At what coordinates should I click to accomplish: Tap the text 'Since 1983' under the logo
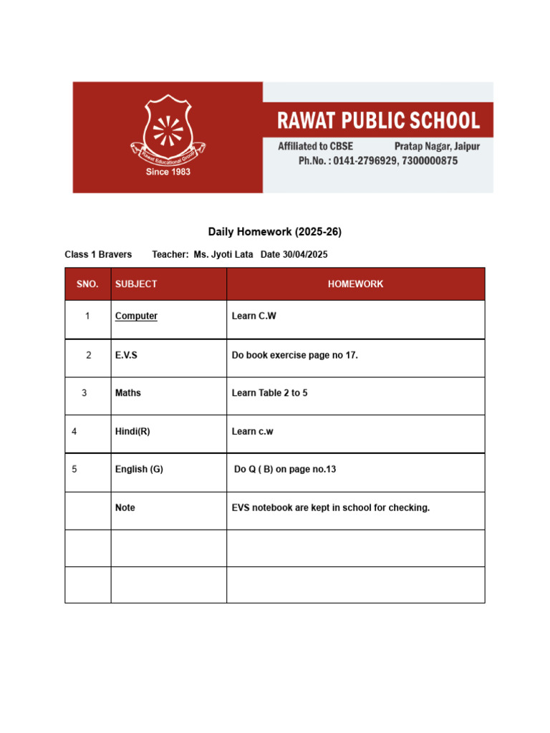pos(168,172)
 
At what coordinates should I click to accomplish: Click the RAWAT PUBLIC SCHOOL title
pos(379,120)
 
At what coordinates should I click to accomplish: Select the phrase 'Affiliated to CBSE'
pos(316,146)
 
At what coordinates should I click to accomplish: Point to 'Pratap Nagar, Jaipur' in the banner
pos(437,146)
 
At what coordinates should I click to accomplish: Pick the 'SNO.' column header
pos(87,284)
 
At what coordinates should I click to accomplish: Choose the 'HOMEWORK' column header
pos(355,284)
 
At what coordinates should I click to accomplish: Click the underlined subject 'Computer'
pos(136,316)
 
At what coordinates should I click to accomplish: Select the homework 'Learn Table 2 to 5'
pos(270,393)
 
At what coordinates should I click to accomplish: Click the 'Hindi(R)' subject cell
pos(132,431)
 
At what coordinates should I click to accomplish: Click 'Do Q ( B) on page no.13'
pos(285,470)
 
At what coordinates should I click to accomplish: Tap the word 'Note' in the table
pos(125,508)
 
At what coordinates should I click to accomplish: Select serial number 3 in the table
pos(85,393)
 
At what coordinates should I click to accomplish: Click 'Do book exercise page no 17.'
pos(295,355)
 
